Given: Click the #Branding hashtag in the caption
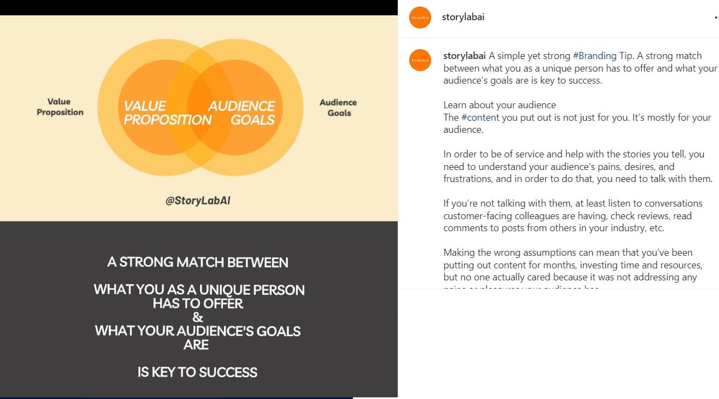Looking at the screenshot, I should pyautogui.click(x=594, y=56).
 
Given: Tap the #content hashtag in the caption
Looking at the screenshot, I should pyautogui.click(x=480, y=118).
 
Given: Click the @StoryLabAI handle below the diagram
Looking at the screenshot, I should pyautogui.click(x=198, y=201).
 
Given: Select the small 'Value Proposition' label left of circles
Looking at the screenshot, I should pyautogui.click(x=60, y=107).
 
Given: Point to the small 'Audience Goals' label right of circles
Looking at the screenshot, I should pyautogui.click(x=339, y=108).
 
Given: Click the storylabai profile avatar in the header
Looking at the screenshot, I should pyautogui.click(x=420, y=17).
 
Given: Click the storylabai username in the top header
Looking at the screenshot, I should pyautogui.click(x=463, y=17).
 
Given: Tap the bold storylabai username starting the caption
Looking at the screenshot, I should pyautogui.click(x=464, y=56).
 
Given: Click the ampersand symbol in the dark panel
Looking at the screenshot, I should pyautogui.click(x=198, y=318).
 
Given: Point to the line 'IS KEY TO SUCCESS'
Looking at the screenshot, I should pyautogui.click(x=198, y=373).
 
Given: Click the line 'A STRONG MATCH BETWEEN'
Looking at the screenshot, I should pyautogui.click(x=198, y=262).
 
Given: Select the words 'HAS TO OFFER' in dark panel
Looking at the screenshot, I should pyautogui.click(x=198, y=304).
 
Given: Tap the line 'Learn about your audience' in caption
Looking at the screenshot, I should pyautogui.click(x=499, y=105).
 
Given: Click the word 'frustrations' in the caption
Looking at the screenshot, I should pyautogui.click(x=468, y=179).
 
